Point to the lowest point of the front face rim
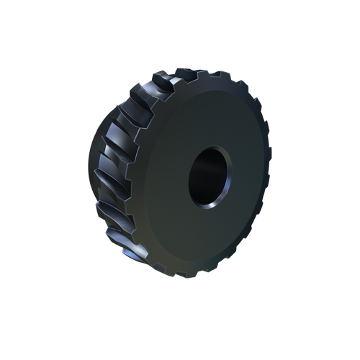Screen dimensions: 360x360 click(194, 271)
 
